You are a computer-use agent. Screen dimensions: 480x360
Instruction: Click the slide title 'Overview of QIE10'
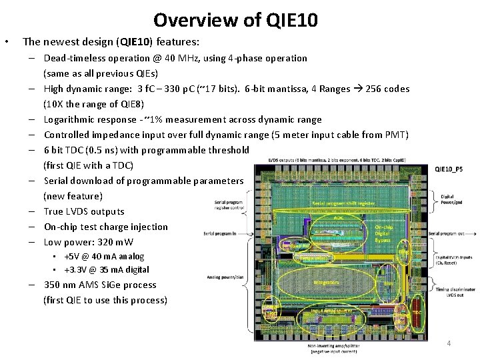pyautogui.click(x=235, y=19)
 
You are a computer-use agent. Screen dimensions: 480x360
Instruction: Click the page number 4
pyautogui.click(x=449, y=343)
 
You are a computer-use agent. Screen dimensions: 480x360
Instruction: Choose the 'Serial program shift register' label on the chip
pyautogui.click(x=343, y=203)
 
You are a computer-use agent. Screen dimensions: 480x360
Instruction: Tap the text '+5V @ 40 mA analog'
pyautogui.click(x=103, y=256)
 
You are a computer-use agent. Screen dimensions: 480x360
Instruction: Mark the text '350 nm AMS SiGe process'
pyautogui.click(x=100, y=285)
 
